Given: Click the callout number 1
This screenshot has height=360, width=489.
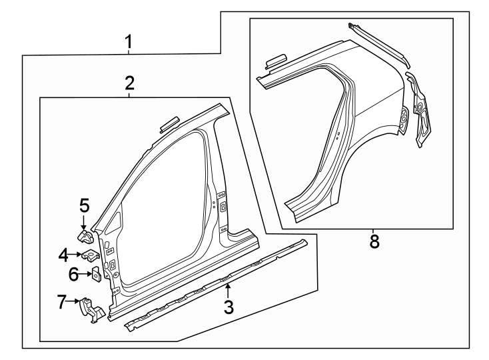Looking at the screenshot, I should coord(129,44).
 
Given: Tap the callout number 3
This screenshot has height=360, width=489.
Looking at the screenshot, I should coord(229,307).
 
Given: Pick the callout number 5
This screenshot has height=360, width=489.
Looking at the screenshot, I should coord(84,205).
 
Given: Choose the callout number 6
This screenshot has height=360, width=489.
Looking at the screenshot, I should coord(74,273).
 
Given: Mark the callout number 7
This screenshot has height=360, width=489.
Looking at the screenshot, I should coord(62,303).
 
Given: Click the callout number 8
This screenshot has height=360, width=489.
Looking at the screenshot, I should coord(374,241).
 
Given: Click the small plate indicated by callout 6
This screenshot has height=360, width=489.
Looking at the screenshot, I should coord(95,273).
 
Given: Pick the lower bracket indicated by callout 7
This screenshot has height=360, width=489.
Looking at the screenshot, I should coord(91,311).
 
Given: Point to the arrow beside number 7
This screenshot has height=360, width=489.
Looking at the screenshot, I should coord(75,303).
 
